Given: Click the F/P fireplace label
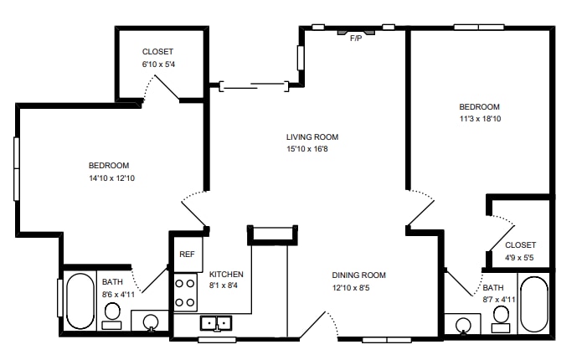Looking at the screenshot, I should coord(356,38).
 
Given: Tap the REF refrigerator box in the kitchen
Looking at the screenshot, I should coord(186,254).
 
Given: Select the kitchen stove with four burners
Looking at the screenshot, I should coord(185,293).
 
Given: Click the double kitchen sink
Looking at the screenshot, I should coord(216,323).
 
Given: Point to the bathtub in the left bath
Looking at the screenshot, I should coord(80,301).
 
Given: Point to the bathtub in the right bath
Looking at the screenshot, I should coord(533,303).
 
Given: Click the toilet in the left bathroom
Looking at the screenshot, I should coord(112,311).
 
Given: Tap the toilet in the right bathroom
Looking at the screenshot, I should coord(501,314).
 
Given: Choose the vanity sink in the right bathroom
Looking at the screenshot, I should coord(462,324).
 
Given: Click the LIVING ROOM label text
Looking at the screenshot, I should coord(312,137).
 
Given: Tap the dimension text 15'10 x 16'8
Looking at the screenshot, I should coord(312,150).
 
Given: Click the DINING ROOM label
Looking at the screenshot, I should coord(358,275).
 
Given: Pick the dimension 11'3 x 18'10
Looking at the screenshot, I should coord(479,119).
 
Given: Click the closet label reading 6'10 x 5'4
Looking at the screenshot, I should coord(158,64).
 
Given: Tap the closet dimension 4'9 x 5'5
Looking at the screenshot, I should coord(520,258).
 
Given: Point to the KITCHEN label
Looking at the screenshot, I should coord(226,274).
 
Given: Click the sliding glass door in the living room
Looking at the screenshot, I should coord(255,85).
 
